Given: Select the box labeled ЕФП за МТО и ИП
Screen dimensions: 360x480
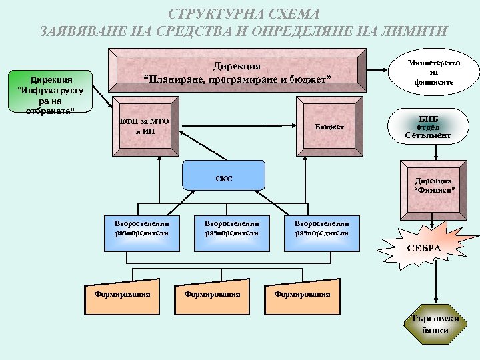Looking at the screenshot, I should [x=145, y=127].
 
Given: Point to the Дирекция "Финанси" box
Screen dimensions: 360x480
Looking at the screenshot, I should [x=434, y=186].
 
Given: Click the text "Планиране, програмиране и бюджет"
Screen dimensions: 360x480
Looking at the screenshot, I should [x=238, y=80].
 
